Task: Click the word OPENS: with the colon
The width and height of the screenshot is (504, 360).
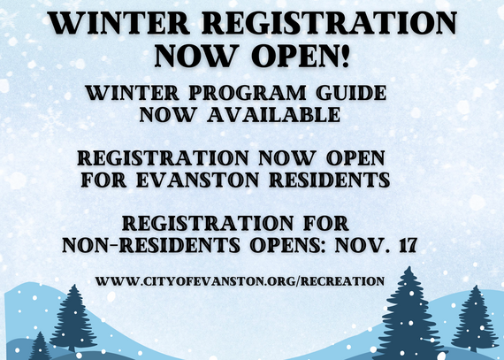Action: [x=290, y=243]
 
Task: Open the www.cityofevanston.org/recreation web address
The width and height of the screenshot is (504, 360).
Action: [x=239, y=280]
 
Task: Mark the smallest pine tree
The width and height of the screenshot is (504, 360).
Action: [x=39, y=346]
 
